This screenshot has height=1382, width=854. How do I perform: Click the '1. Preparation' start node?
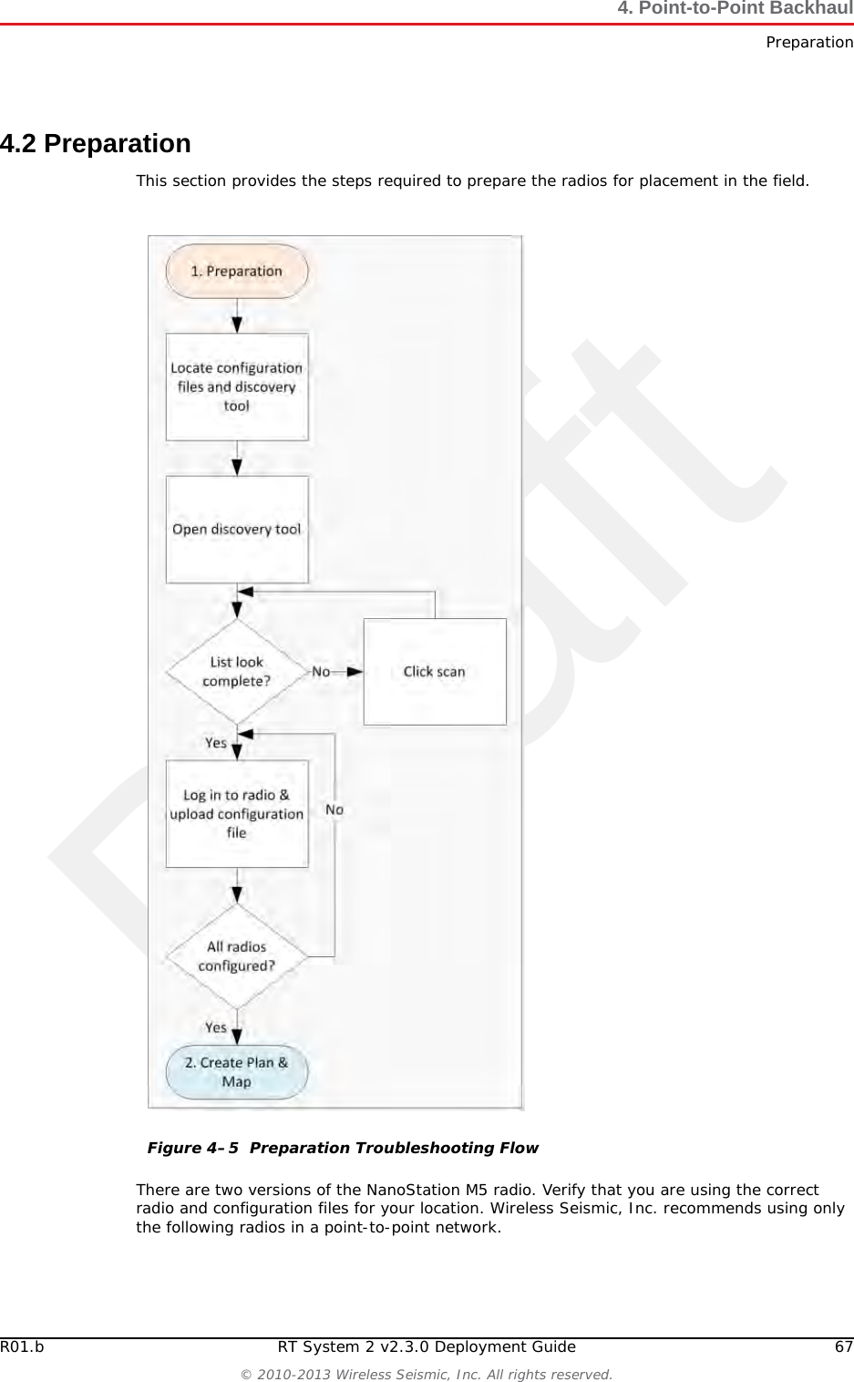[236, 271]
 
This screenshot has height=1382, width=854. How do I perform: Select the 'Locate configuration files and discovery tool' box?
[236, 387]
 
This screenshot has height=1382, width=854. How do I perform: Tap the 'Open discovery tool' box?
[236, 529]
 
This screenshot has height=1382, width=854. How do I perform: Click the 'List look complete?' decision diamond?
[236, 672]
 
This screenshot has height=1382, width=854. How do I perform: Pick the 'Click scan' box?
[434, 672]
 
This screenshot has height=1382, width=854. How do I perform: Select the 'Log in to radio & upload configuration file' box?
[236, 813]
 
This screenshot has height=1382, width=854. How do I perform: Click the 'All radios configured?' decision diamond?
[236, 956]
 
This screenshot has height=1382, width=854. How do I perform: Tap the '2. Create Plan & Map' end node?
[236, 1072]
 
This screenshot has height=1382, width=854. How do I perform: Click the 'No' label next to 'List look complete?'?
[321, 672]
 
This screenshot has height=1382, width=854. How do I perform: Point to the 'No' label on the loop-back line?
[334, 810]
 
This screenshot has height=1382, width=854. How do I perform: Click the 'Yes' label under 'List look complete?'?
[216, 743]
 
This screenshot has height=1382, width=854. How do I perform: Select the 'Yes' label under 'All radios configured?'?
[216, 1027]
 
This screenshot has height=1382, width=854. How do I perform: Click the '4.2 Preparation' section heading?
[96, 144]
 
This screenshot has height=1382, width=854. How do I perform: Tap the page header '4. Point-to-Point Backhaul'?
[734, 9]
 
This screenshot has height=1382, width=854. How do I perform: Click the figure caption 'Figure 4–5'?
[193, 1148]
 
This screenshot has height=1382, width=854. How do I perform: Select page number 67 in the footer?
[843, 1347]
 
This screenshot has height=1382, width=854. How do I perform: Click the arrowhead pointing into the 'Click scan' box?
[355, 672]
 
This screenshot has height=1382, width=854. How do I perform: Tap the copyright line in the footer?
[427, 1374]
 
